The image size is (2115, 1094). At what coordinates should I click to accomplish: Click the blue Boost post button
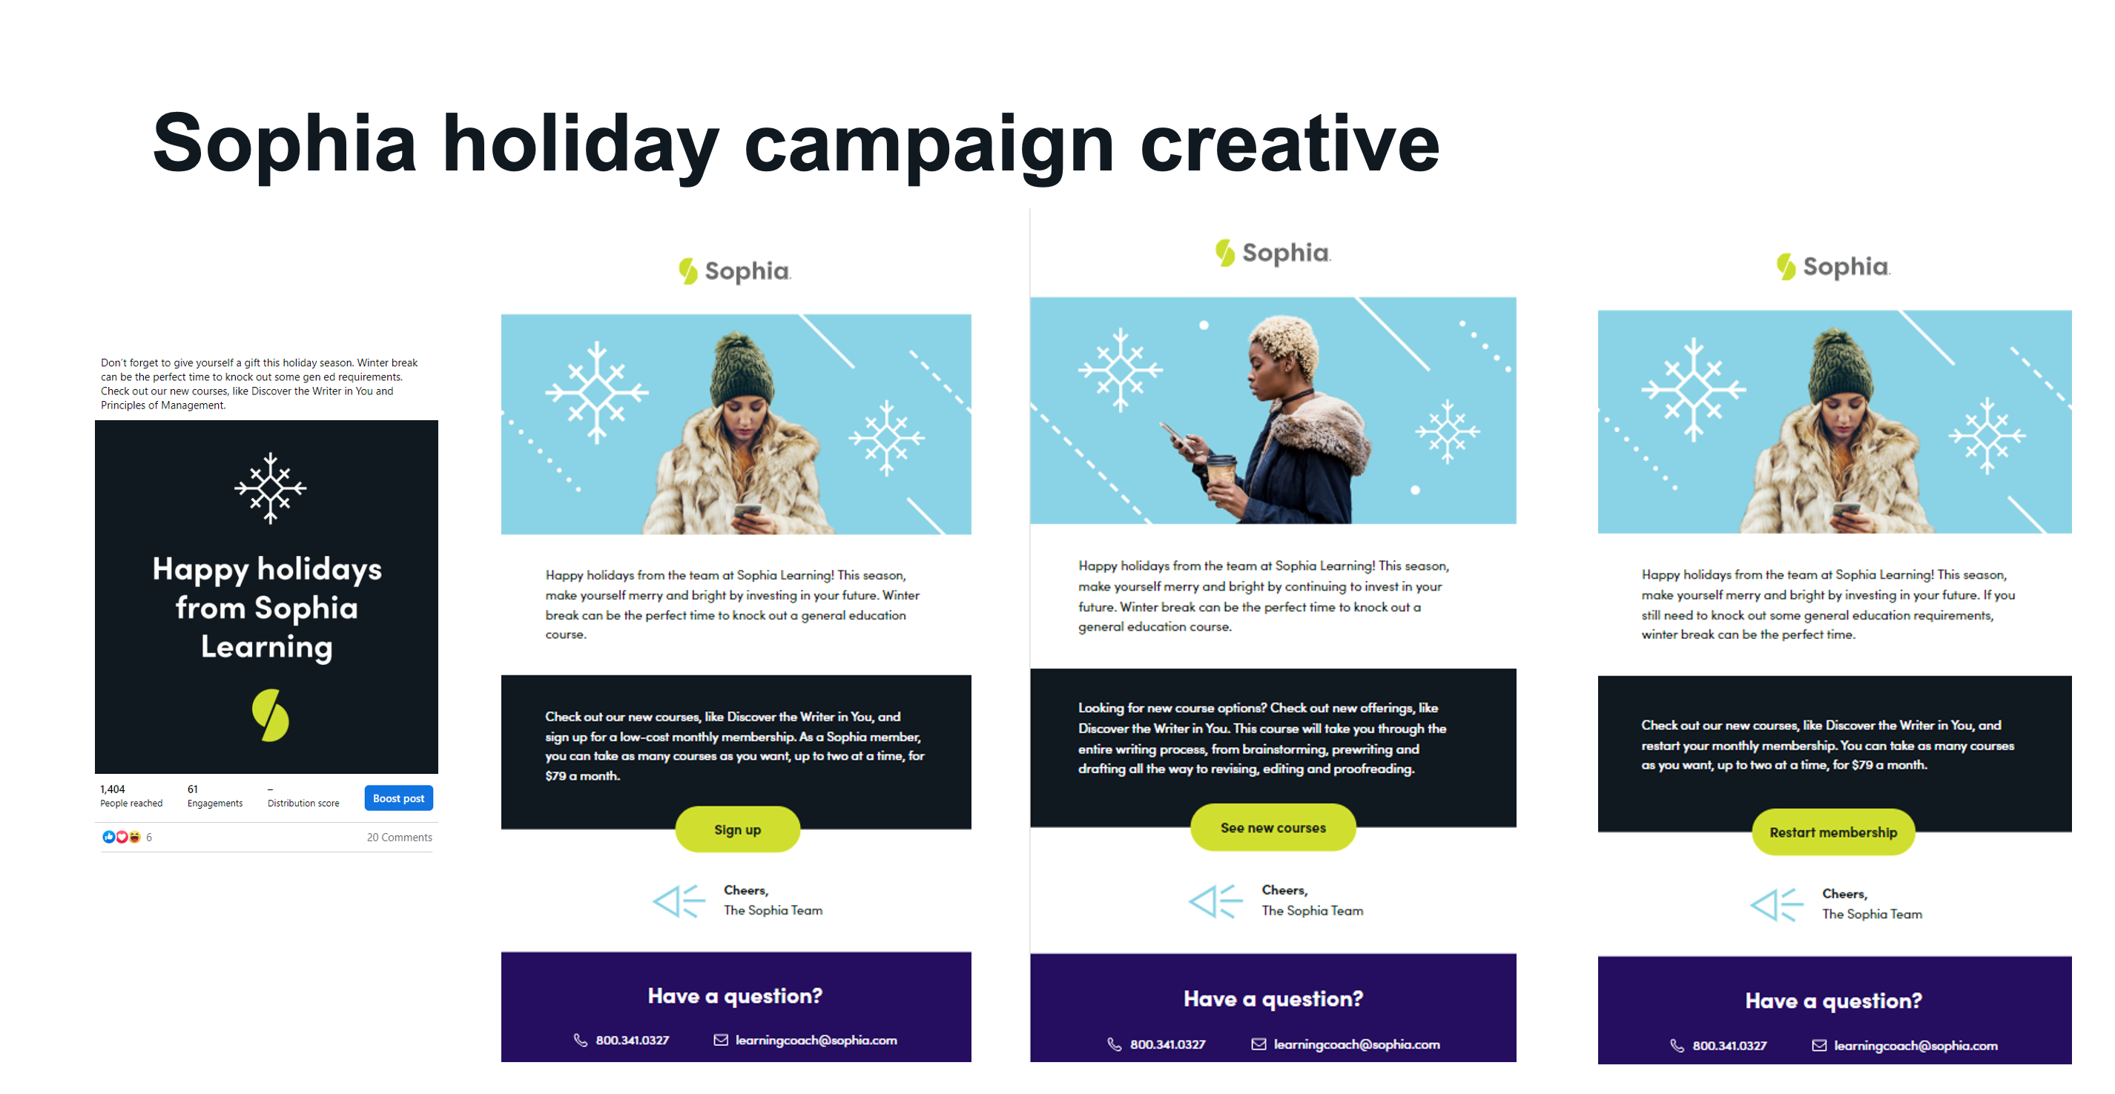398,798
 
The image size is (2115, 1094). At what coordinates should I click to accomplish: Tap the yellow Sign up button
737,829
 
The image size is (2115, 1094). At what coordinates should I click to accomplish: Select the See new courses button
1273,827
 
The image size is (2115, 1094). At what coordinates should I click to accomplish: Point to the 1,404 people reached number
113,789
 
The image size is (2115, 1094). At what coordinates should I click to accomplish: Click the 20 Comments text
399,837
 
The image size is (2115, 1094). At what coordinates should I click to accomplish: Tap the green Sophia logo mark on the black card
270,715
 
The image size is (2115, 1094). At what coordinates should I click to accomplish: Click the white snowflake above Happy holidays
270,488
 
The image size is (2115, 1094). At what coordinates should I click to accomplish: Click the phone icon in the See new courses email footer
1114,1044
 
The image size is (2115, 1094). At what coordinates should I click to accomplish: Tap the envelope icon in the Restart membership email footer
1819,1046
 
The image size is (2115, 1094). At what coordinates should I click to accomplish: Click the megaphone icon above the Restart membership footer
1776,904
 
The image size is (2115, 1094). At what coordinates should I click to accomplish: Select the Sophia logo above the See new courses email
1273,252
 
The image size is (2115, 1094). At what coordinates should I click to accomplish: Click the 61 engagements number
192,789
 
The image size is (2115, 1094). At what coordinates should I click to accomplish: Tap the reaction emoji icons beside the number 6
122,837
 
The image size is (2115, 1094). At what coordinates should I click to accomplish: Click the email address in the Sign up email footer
815,1040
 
